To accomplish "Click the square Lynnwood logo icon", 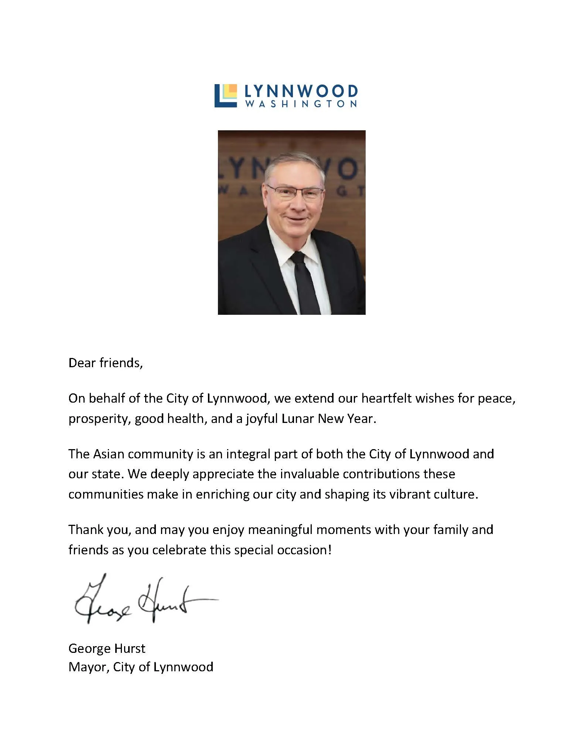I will (x=225, y=96).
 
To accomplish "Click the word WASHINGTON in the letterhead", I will (x=301, y=104).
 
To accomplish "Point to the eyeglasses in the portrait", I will (x=295, y=192).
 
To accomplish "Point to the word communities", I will (x=106, y=494).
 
